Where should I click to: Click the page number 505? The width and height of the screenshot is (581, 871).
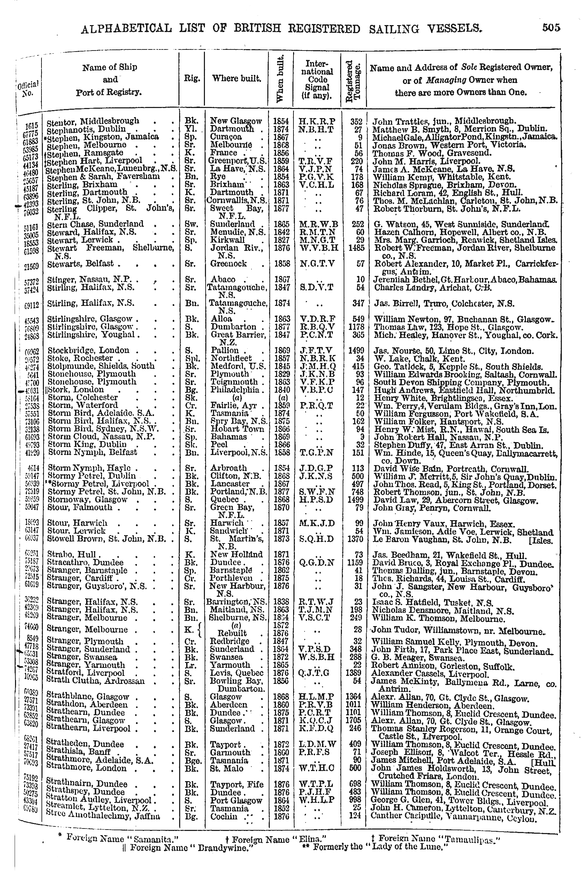pos(551,28)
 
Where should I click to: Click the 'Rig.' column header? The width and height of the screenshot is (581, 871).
pos(192,78)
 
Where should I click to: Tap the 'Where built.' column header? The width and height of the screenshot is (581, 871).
pos(236,78)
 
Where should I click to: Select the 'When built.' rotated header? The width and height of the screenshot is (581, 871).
pos(281,78)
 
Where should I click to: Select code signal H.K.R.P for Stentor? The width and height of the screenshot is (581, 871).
pos(317,121)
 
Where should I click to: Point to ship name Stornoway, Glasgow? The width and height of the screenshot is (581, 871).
pos(87,500)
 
